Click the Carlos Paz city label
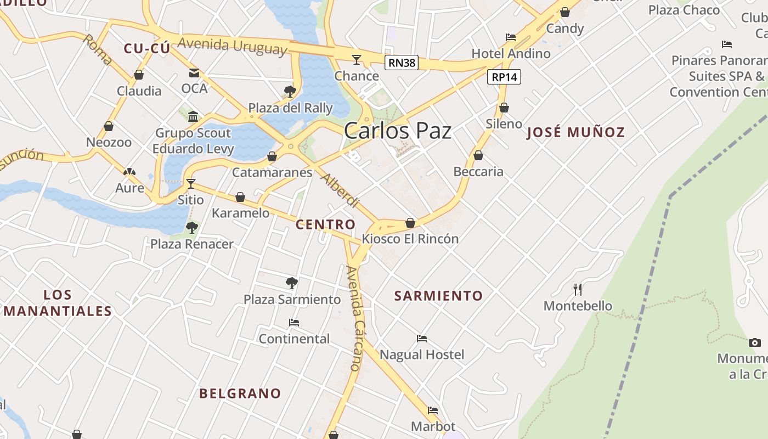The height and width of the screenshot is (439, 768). pos(398,131)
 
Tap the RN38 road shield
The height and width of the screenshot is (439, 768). pos(402,63)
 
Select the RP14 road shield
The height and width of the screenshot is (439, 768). pos(504,77)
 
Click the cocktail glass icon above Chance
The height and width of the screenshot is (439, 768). pos(357,59)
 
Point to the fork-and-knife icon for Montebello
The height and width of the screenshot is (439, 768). pos(577,289)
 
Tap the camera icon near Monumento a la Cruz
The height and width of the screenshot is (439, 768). pos(755,342)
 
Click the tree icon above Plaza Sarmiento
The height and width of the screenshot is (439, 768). pos(292,283)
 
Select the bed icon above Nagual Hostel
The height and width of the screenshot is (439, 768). pos(421,339)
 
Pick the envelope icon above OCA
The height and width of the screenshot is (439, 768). pos(194,72)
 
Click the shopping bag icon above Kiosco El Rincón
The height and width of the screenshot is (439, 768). pos(410,223)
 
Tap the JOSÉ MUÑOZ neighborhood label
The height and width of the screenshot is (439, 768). pos(575,132)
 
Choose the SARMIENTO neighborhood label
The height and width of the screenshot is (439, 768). pos(438,296)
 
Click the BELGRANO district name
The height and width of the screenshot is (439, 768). pos(240,393)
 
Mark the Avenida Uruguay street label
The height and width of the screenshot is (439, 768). pos(232,46)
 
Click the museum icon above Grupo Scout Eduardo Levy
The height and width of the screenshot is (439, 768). pos(193,116)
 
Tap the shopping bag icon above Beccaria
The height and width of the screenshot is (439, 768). pos(478,156)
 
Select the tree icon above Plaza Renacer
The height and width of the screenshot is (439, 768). pos(191,227)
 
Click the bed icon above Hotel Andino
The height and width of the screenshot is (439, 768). pos(511,37)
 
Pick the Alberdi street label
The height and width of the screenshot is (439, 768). pos(339,190)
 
